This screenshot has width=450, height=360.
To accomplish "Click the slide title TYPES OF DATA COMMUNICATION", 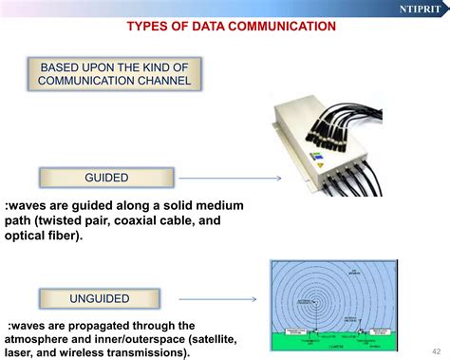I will [x=231, y=27].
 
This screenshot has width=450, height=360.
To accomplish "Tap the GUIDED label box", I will [x=106, y=178].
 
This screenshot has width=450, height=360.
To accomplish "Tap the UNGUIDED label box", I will [x=99, y=299].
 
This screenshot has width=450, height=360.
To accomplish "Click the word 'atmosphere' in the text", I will [x=41, y=339].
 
